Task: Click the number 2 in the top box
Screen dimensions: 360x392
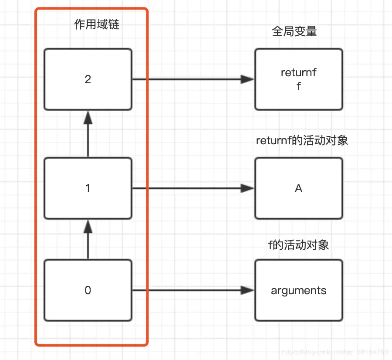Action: click(88, 79)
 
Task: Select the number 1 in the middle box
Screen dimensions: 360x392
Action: click(88, 188)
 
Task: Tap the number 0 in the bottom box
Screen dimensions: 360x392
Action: click(88, 290)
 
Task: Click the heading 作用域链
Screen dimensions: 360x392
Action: click(97, 24)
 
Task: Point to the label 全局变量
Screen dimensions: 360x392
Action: click(294, 31)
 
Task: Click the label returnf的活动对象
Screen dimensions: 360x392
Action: click(302, 141)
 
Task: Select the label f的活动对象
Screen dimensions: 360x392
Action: click(298, 245)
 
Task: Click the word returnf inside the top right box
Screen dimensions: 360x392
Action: click(298, 73)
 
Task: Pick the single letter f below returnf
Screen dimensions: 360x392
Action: click(298, 86)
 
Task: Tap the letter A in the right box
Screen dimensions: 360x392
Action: click(298, 188)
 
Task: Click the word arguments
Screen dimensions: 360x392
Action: click(298, 290)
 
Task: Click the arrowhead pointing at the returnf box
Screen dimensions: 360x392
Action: click(248, 79)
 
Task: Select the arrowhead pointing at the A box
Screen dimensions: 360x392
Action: click(248, 188)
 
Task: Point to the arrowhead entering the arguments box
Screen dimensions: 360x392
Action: click(248, 290)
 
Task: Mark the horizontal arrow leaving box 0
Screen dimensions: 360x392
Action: click(187, 290)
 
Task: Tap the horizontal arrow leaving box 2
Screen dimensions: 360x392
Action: click(187, 79)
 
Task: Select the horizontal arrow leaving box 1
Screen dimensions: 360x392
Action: click(187, 188)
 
